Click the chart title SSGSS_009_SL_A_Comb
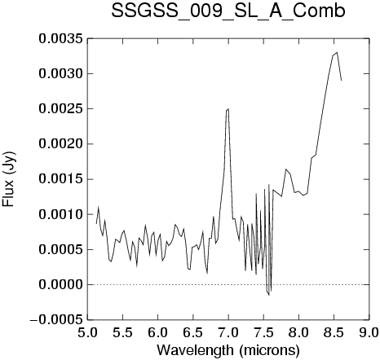(x=228, y=12)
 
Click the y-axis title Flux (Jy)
(x=9, y=179)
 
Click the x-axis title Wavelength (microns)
(x=228, y=350)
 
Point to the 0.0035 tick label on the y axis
(x=60, y=38)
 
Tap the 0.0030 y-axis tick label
(x=60, y=73)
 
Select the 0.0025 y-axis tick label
(x=60, y=108)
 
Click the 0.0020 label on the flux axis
(x=60, y=144)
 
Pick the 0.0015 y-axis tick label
(x=60, y=179)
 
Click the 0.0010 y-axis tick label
(x=60, y=214)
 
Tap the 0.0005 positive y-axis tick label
(x=60, y=249)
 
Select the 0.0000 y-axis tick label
(x=60, y=285)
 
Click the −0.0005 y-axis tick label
(x=56, y=320)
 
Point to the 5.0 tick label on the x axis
(x=87, y=333)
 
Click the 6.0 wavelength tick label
(x=157, y=333)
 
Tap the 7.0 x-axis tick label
(x=228, y=333)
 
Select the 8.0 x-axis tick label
(x=298, y=333)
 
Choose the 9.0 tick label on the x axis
(x=370, y=333)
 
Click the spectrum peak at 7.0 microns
(x=228, y=109)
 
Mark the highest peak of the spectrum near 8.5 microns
(x=337, y=52)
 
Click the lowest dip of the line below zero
(x=269, y=295)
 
